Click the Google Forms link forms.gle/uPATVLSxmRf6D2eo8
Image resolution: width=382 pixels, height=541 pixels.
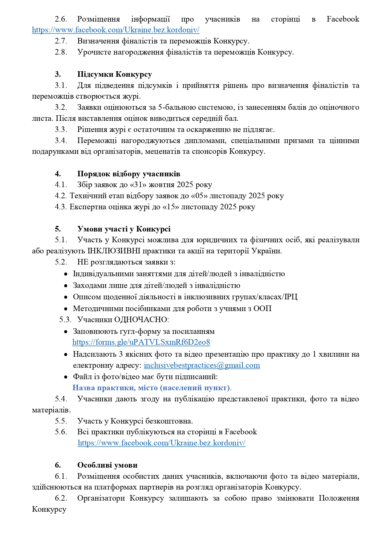point(141,342)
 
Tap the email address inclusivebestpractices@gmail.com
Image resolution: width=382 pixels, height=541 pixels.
point(202,365)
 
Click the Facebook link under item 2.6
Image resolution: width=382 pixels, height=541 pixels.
point(116,30)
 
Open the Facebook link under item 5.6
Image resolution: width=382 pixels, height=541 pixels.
point(161,443)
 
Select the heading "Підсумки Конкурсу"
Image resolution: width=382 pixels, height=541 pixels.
point(114,74)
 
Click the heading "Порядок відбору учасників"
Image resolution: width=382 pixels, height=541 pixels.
point(128,174)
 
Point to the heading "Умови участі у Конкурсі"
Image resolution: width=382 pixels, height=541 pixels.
point(124,229)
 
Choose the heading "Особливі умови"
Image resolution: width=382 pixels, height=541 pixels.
point(107,465)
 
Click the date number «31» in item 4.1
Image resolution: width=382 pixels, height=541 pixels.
point(140,185)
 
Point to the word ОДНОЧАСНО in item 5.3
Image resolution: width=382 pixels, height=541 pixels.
point(141,320)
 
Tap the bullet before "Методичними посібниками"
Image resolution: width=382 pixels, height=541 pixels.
point(66,309)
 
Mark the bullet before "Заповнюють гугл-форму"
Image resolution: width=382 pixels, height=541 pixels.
point(66,332)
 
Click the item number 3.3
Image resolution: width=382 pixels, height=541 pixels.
point(61,129)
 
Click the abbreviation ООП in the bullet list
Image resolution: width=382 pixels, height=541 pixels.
point(262,309)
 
